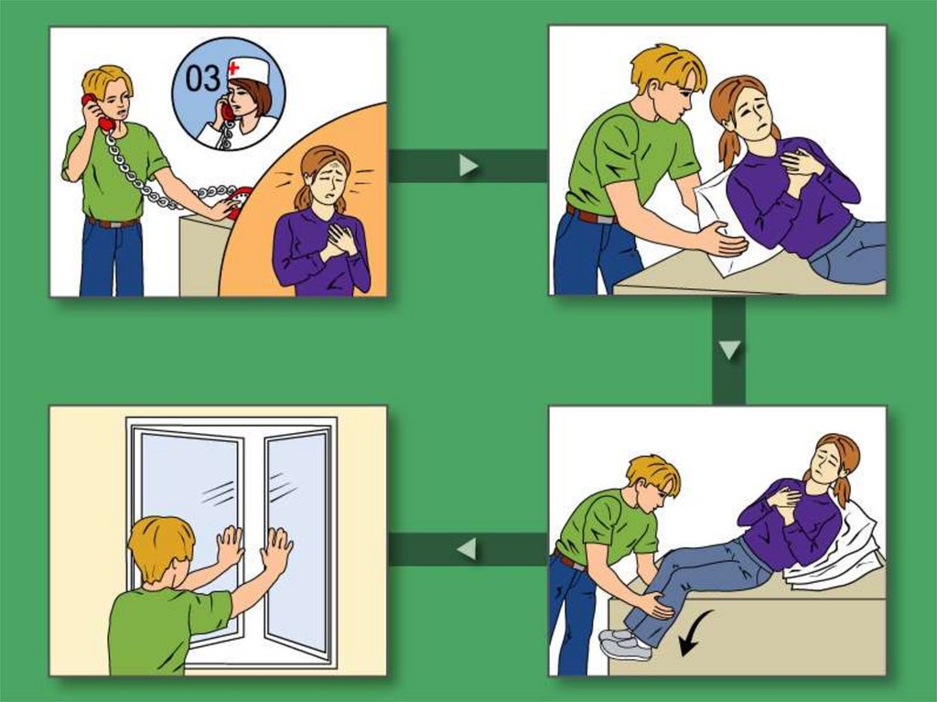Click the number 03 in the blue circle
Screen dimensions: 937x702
coord(202,79)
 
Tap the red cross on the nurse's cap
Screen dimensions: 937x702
coord(233,67)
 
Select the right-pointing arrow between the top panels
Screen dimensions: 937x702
coord(468,166)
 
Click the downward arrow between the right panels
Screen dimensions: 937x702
coord(729,351)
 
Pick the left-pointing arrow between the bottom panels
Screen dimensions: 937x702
coord(468,549)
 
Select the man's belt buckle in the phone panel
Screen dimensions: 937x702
coord(113,224)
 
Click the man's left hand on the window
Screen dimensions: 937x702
coord(230,545)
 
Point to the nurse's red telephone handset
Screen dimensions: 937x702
coord(228,112)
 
